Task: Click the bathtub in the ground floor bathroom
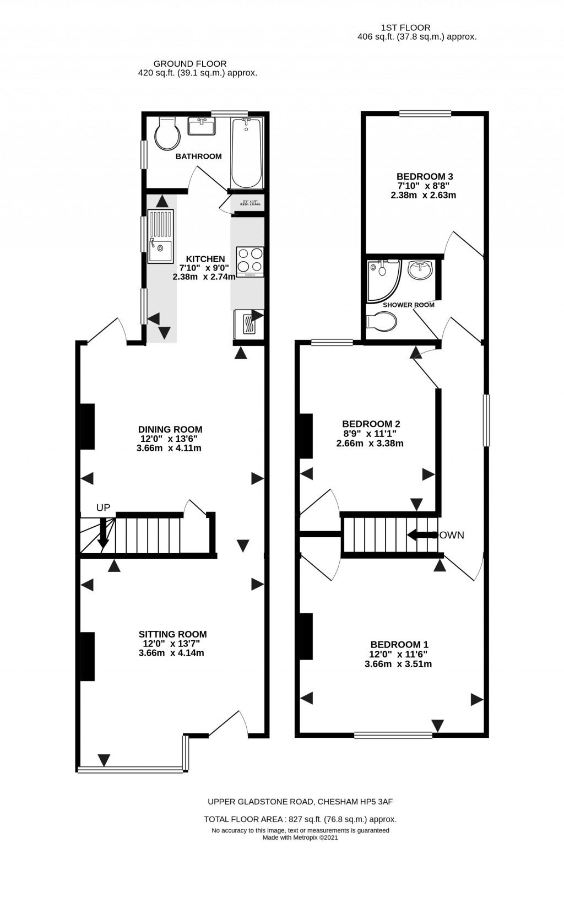click(x=246, y=153)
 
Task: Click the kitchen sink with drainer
click(x=160, y=235)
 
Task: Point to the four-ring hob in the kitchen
click(x=250, y=261)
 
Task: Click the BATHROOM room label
click(x=198, y=156)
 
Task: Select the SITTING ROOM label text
click(x=172, y=634)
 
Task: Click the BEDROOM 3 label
click(x=424, y=176)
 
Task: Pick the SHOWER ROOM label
click(x=409, y=305)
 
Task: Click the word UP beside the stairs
click(x=103, y=508)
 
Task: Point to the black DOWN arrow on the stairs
click(x=421, y=534)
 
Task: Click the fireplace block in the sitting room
click(x=88, y=656)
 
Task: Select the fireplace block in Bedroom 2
click(x=306, y=436)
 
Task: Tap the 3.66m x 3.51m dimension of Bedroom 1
click(x=398, y=664)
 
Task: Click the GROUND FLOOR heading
click(x=189, y=64)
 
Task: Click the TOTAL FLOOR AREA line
click(x=300, y=819)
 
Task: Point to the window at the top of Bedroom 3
click(x=425, y=114)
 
